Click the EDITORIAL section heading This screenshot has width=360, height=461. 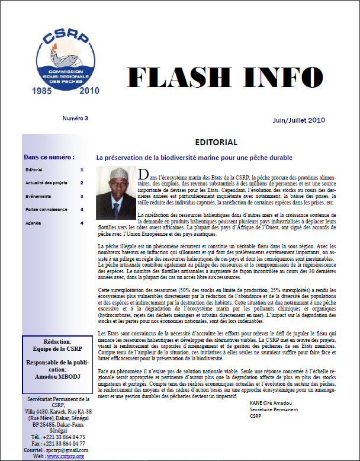216,143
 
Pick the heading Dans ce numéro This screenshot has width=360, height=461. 49,158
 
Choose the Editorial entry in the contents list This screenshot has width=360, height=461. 34,170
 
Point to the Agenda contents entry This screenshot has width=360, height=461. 34,223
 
